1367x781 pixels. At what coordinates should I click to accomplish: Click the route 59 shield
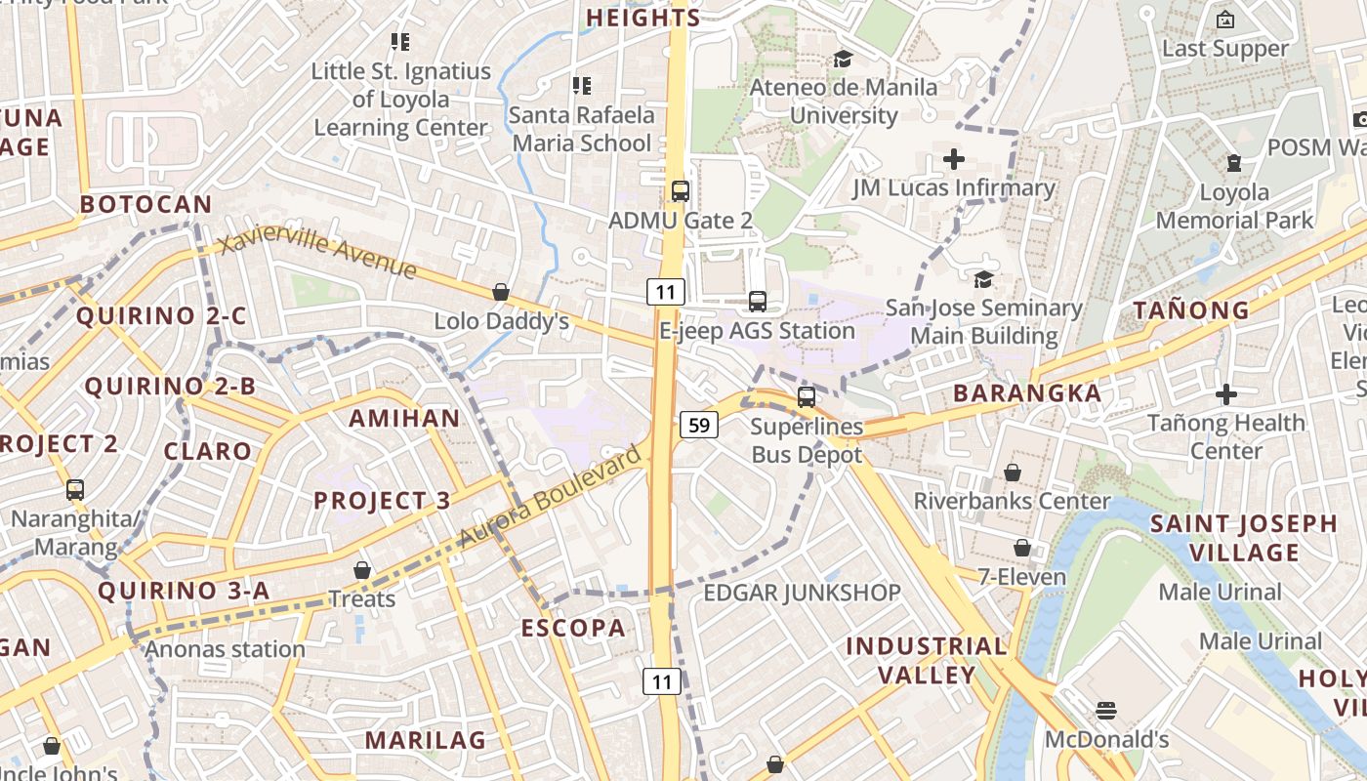(698, 425)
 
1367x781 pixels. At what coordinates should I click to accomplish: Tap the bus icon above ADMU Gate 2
(681, 190)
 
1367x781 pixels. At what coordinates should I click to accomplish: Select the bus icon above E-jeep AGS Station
(757, 301)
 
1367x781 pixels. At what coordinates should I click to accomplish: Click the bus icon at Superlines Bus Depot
(807, 396)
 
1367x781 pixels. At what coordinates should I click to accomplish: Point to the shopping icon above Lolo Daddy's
(501, 292)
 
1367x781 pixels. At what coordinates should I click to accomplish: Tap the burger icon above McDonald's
(1106, 710)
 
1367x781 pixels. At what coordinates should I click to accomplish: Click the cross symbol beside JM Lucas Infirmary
(954, 158)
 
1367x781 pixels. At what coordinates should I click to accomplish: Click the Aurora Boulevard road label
(552, 495)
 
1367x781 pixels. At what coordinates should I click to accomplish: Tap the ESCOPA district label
(573, 628)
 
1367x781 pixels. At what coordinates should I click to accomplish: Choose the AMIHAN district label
(404, 419)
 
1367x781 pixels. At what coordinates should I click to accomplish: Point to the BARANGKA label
(1027, 393)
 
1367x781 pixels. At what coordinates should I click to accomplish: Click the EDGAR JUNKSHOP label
(802, 593)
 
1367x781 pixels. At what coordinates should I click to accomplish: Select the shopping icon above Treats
(362, 569)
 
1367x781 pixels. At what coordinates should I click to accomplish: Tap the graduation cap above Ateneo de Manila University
(843, 60)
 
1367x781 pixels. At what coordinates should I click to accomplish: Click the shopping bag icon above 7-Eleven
(1022, 548)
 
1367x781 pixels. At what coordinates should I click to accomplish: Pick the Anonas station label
(226, 649)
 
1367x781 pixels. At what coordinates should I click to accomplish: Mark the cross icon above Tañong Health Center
(1226, 394)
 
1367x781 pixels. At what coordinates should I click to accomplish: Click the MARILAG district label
(426, 740)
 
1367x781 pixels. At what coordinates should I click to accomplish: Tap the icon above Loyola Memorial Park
(1234, 163)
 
